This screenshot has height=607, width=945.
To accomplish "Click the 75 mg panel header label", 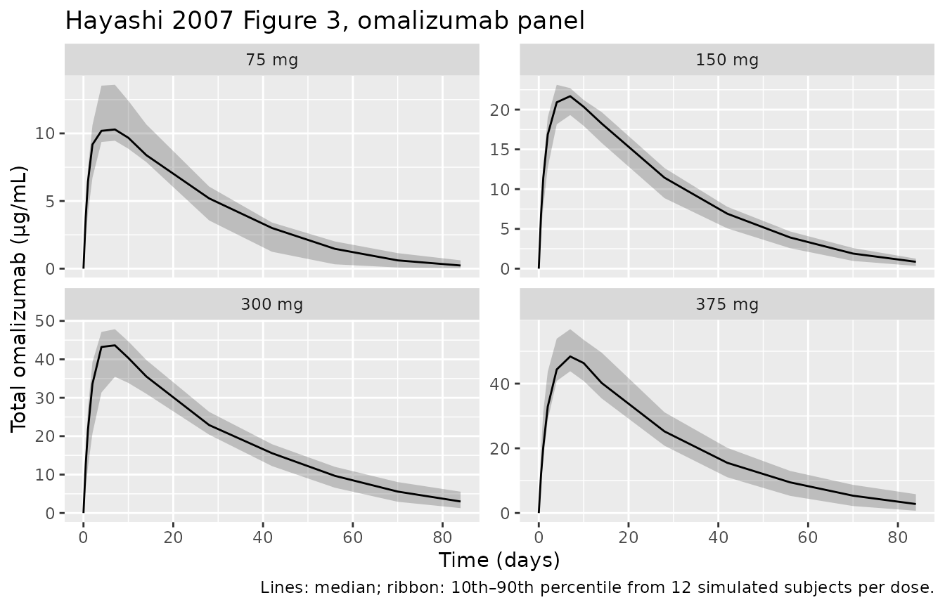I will pos(271,60).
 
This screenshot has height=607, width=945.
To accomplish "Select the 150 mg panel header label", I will pos(727,60).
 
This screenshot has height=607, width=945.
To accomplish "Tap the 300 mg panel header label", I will pos(271,305).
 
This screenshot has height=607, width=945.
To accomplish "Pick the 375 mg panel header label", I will pos(727,305).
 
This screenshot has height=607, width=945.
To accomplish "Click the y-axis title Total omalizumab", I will pos(20,299).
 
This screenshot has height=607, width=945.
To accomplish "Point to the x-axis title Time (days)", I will pos(499,560).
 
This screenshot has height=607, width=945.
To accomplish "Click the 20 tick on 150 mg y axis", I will pos(501,110).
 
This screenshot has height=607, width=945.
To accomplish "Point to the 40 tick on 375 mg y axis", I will pos(501,384).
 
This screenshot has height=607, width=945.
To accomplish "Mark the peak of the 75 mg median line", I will pos(115,129).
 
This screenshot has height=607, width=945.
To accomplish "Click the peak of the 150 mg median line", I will pos(570,96).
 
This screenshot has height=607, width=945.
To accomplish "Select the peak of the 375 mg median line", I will pos(570,356).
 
